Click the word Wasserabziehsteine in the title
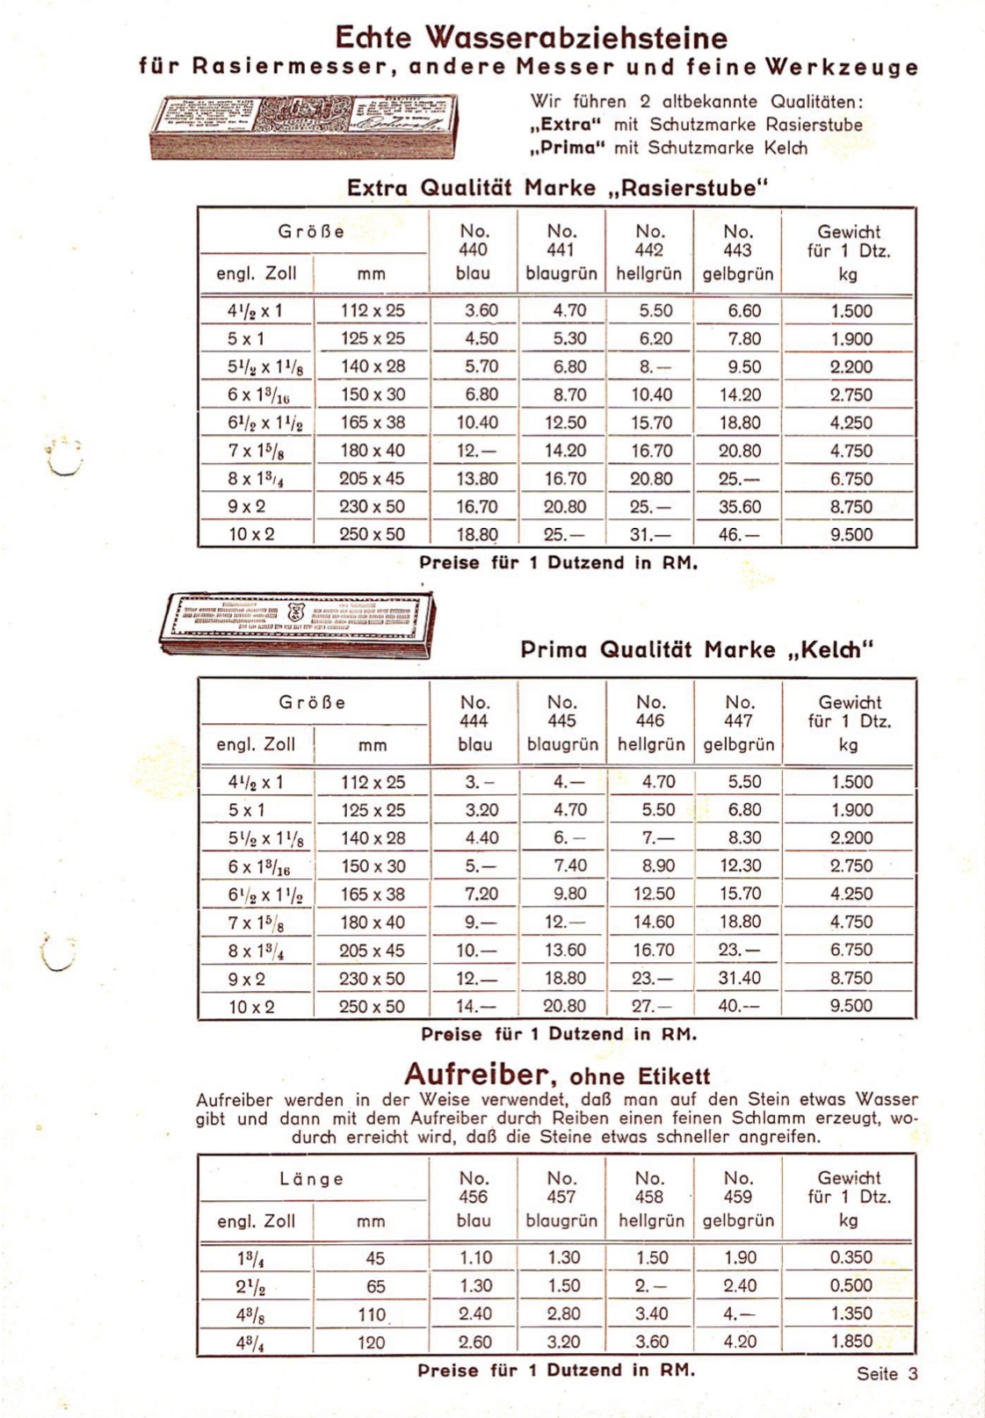point(576,38)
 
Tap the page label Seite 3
point(887,1373)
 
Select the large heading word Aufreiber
point(475,1074)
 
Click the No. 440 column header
point(474,250)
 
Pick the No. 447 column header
point(739,722)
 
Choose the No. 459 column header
point(738,1197)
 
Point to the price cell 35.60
point(739,507)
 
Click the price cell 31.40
point(739,978)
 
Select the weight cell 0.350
point(851,1257)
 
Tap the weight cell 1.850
point(851,1342)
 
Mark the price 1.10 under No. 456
point(475,1258)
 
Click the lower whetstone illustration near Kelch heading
point(297,623)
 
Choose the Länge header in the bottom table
point(312,1179)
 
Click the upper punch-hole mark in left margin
point(64,458)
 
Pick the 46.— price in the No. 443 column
point(738,534)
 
